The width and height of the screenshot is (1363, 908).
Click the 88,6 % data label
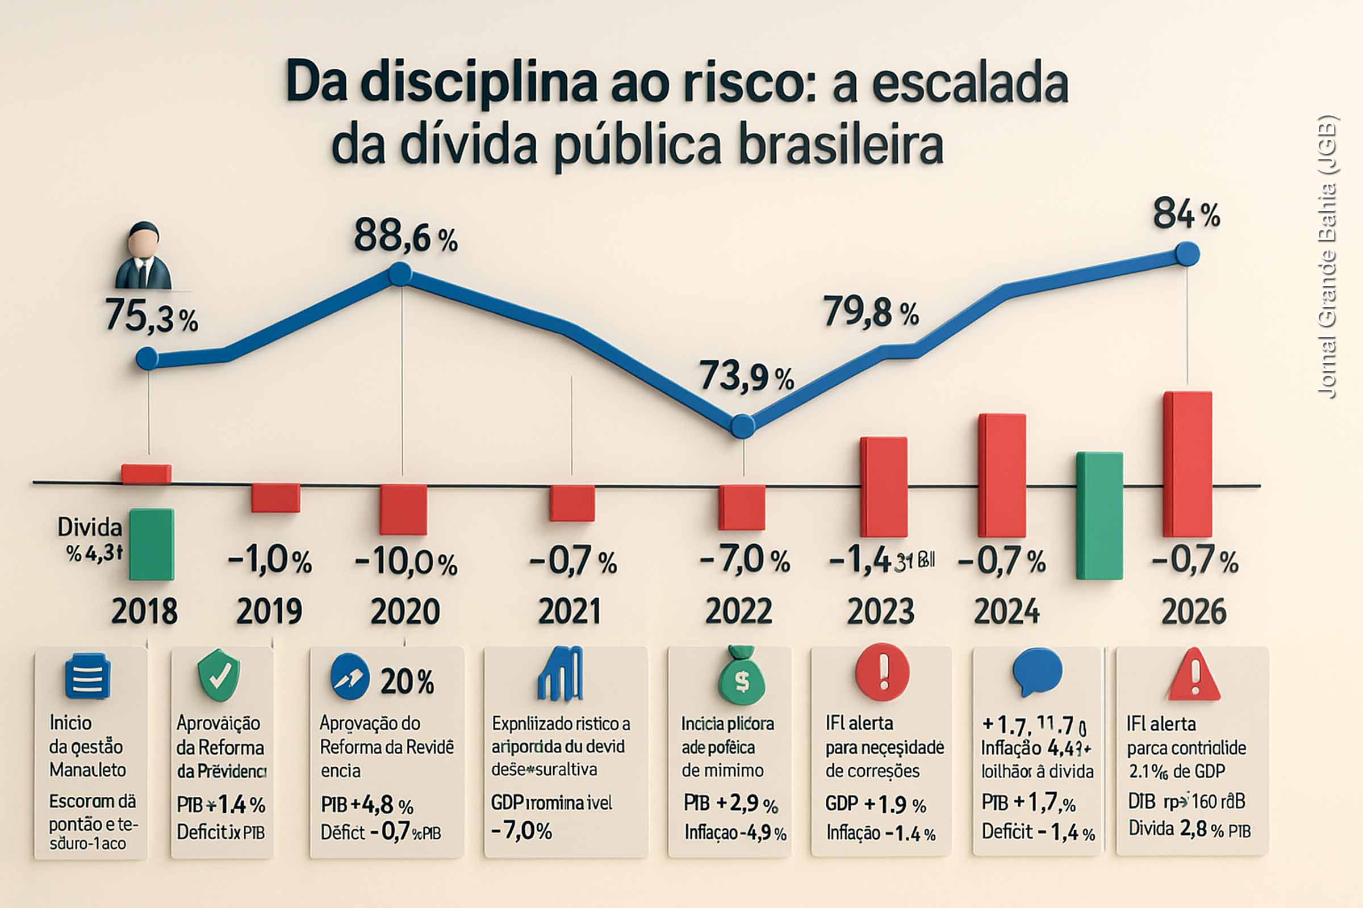click(x=405, y=236)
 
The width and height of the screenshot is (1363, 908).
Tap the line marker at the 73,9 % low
click(x=742, y=426)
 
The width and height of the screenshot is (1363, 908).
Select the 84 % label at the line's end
click(x=1186, y=215)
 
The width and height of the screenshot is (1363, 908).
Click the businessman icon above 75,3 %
click(x=143, y=255)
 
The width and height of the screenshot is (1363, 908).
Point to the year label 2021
click(x=569, y=612)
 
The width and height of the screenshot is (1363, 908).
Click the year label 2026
click(x=1194, y=612)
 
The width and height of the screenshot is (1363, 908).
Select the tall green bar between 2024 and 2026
click(x=1099, y=515)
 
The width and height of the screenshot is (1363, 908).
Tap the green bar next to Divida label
click(x=151, y=544)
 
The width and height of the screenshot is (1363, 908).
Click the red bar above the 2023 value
click(x=883, y=486)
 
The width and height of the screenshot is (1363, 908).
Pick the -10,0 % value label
click(x=405, y=563)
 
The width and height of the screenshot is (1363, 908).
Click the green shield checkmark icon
click(x=219, y=675)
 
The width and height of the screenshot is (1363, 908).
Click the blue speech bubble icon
click(x=1037, y=673)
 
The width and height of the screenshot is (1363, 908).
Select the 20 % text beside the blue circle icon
click(x=407, y=682)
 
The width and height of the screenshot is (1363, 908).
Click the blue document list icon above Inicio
click(x=87, y=676)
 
